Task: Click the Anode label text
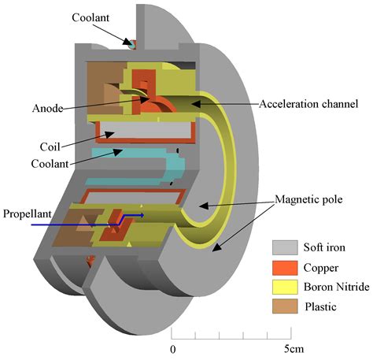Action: [x=47, y=108]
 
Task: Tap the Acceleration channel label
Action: [x=308, y=104]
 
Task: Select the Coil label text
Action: [x=50, y=147]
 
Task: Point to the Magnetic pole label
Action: [x=308, y=199]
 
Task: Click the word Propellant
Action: [x=28, y=214]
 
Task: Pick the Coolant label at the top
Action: [x=90, y=17]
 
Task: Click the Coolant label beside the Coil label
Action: [x=50, y=164]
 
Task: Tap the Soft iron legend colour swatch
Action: [x=285, y=247]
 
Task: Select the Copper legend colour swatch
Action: [x=285, y=268]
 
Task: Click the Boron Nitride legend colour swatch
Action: [x=285, y=287]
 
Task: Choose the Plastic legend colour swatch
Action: [x=285, y=306]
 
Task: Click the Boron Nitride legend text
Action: [x=336, y=287]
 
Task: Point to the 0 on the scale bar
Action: [x=172, y=350]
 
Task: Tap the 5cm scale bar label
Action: [x=294, y=349]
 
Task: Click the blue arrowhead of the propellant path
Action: [x=142, y=215]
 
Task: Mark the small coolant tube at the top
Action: [x=133, y=44]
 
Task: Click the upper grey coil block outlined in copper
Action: [x=146, y=132]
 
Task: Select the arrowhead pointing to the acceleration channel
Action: [x=194, y=104]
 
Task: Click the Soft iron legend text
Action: [x=324, y=247]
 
